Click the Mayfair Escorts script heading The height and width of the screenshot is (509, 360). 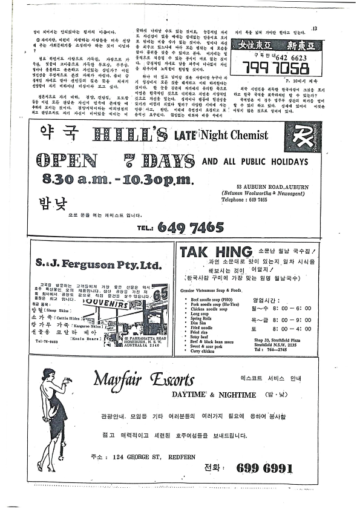click(x=144, y=380)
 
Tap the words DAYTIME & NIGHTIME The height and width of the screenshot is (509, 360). click(x=206, y=394)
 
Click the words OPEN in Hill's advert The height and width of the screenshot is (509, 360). click(x=67, y=160)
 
